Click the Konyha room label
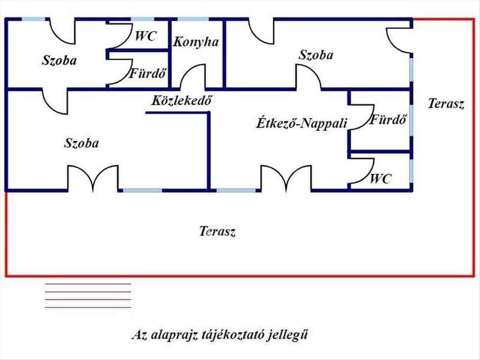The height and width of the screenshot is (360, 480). (x=196, y=42)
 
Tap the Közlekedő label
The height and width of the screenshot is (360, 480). (x=181, y=101)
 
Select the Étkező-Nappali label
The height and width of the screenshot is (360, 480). (x=301, y=123)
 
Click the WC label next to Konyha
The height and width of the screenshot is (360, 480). (x=146, y=36)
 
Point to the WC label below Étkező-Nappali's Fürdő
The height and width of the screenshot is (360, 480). (x=380, y=179)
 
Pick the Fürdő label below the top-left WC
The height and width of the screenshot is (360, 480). (x=147, y=74)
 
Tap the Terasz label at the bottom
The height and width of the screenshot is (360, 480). (x=217, y=231)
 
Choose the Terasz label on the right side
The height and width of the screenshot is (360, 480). (x=446, y=104)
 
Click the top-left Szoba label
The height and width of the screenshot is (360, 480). (x=59, y=61)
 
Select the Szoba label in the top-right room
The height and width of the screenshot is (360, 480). (x=316, y=55)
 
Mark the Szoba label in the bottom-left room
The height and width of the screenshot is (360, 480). (x=81, y=143)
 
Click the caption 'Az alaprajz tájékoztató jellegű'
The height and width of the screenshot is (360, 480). (x=220, y=335)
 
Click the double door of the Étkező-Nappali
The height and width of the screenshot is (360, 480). (x=286, y=178)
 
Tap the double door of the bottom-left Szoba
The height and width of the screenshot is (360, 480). (x=93, y=178)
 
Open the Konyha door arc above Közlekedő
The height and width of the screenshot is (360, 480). (x=192, y=77)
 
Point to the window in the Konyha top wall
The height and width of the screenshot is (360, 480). (x=193, y=19)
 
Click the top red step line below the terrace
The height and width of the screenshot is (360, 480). (x=88, y=284)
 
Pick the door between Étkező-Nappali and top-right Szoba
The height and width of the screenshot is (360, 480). (x=308, y=77)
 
